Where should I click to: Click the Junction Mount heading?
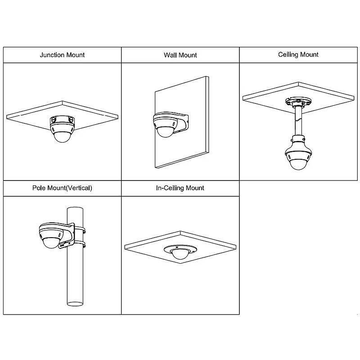62,55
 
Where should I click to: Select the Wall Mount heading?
180,55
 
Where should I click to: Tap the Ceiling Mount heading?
298,54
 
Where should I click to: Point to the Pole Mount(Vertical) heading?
62,188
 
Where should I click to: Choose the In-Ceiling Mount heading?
180,188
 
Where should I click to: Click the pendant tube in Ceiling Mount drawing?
297,119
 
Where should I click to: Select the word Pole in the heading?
38,188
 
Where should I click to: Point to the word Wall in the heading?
171,55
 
